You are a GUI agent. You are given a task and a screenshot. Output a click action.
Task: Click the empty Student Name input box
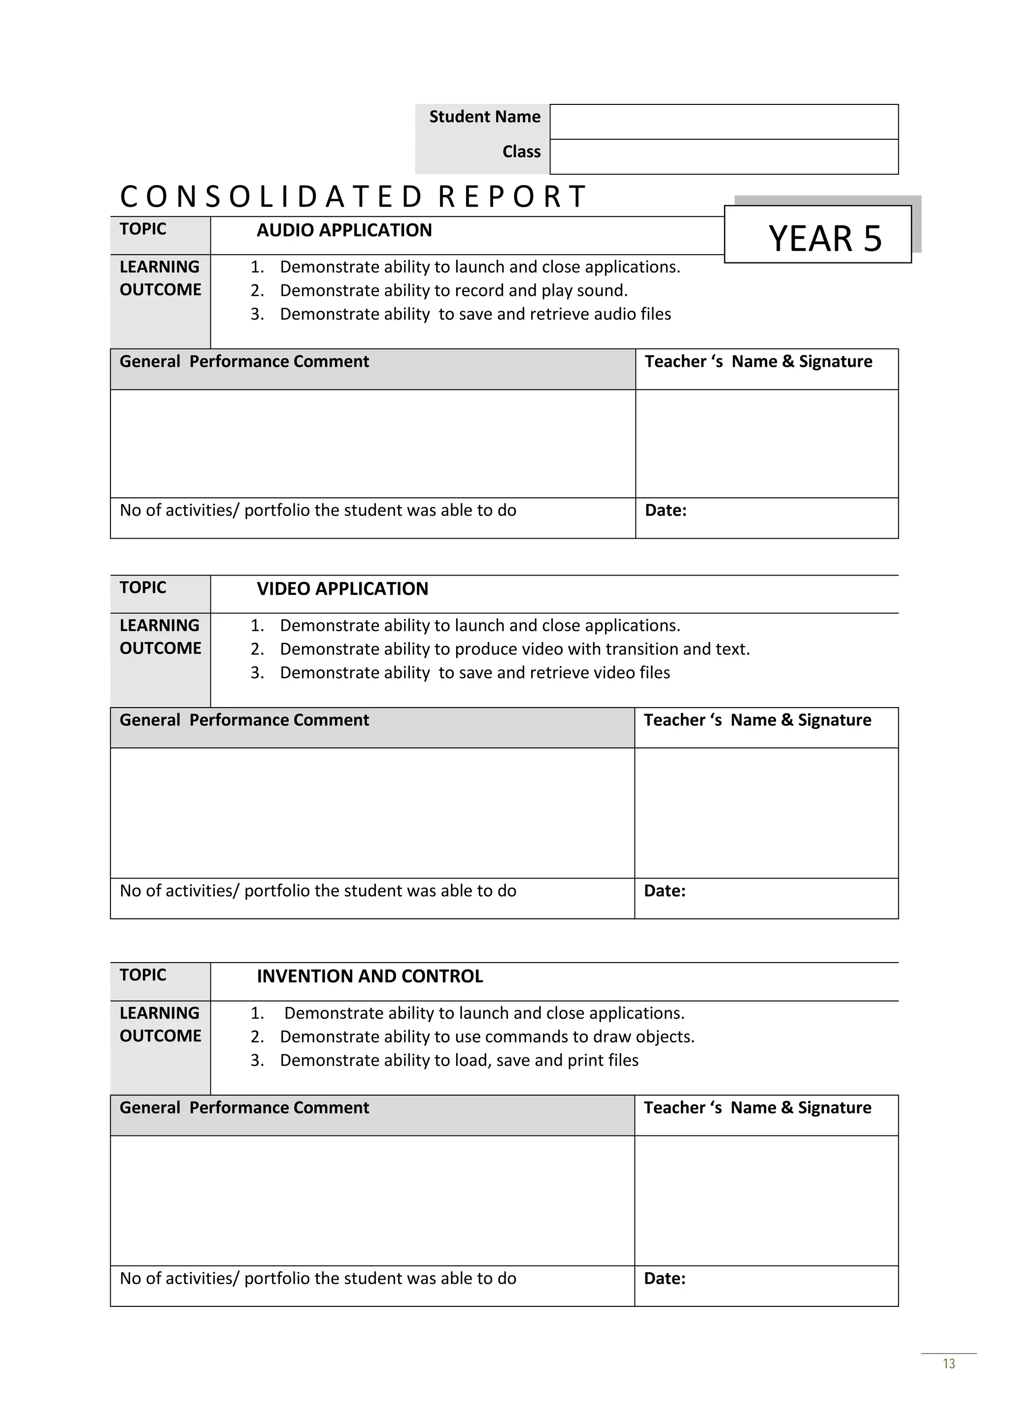click(724, 122)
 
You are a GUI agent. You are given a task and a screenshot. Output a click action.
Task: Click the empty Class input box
click(724, 157)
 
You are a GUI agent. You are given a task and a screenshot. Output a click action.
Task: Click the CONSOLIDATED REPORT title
click(352, 197)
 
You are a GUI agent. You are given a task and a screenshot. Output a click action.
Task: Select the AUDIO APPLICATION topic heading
click(344, 230)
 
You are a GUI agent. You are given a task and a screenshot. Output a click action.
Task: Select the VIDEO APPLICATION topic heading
click(342, 589)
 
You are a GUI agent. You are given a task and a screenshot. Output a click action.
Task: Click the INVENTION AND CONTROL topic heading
click(370, 976)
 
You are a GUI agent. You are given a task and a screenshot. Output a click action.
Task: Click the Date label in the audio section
click(666, 511)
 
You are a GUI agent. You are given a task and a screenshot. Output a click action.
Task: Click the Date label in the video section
click(664, 891)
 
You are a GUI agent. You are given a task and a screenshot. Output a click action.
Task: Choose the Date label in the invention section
click(664, 1279)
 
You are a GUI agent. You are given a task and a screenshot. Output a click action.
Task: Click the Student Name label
click(485, 117)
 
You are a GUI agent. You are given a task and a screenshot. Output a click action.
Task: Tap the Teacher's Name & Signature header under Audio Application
click(758, 361)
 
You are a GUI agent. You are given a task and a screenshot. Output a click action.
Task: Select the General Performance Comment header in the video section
click(244, 720)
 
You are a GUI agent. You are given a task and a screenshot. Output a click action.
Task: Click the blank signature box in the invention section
click(766, 1200)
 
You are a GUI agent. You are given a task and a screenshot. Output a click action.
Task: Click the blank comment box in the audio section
click(373, 444)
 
